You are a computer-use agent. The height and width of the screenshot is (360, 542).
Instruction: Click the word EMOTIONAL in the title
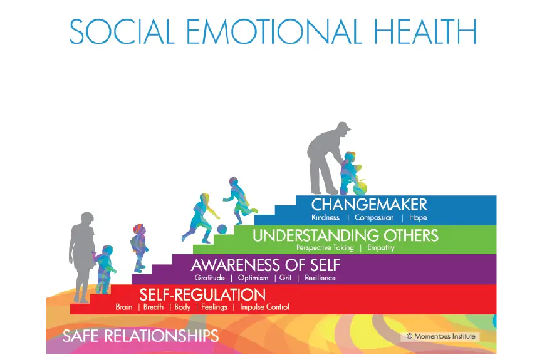pyautogui.click(x=274, y=31)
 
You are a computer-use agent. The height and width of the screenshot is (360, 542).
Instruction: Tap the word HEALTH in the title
pyautogui.click(x=425, y=31)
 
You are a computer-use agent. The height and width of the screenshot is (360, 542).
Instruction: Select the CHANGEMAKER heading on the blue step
pyautogui.click(x=369, y=205)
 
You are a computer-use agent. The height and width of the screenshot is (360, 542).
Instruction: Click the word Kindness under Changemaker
pyautogui.click(x=325, y=218)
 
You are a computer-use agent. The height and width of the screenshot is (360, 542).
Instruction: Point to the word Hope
pyautogui.click(x=418, y=218)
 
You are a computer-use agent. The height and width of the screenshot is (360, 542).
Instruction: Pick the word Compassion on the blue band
pyautogui.click(x=374, y=218)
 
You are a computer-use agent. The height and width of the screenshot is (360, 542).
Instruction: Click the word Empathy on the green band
pyautogui.click(x=380, y=248)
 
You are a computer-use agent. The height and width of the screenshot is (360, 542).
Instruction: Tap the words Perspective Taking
pyautogui.click(x=325, y=248)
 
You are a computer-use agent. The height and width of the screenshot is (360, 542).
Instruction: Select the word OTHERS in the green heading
pyautogui.click(x=411, y=235)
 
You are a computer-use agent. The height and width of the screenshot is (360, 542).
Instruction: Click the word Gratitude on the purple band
pyautogui.click(x=209, y=278)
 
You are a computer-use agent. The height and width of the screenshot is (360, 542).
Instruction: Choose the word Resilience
pyautogui.click(x=320, y=278)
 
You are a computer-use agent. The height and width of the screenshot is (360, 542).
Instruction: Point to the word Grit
pyautogui.click(x=285, y=278)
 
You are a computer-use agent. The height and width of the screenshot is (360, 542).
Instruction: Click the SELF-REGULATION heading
pyautogui.click(x=202, y=295)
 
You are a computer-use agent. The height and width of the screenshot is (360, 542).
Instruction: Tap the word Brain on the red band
pyautogui.click(x=123, y=307)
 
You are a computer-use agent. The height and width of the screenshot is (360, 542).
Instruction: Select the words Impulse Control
pyautogui.click(x=264, y=307)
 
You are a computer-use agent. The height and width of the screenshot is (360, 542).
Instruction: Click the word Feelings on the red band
pyautogui.click(x=214, y=307)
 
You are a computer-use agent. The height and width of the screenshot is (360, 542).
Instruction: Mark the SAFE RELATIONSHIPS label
pyautogui.click(x=140, y=336)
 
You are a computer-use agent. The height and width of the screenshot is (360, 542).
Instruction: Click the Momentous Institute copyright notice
pyautogui.click(x=440, y=336)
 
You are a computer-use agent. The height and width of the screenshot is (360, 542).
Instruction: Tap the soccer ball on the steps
pyautogui.click(x=222, y=229)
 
